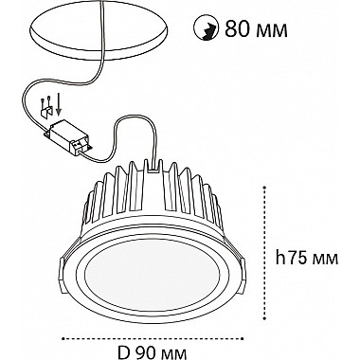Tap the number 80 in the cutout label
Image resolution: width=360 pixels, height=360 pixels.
(x=237, y=29)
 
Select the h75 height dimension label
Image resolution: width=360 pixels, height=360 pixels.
(x=307, y=259)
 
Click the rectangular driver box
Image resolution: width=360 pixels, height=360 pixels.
(x=68, y=137)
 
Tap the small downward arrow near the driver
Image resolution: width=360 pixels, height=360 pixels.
(x=59, y=105)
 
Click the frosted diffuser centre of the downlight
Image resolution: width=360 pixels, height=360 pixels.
(x=151, y=275)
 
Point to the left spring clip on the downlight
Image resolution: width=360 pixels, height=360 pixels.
(x=64, y=272)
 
